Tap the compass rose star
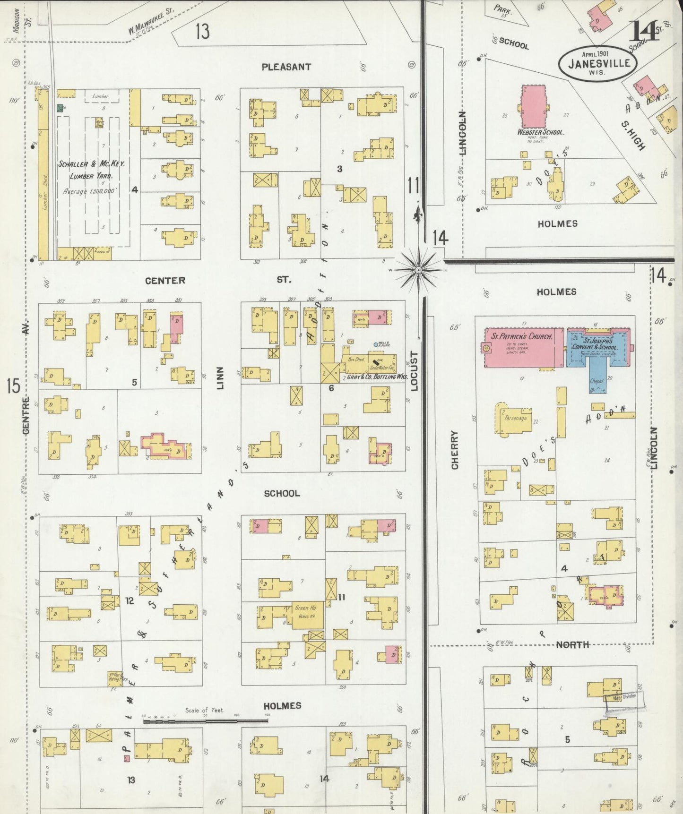coord(418,270)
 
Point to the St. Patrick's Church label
coord(522,336)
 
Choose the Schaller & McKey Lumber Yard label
coord(91,170)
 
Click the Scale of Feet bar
coord(206,721)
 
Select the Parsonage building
coord(515,418)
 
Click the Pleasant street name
coord(286,67)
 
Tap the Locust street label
coord(415,371)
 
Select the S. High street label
coord(634,136)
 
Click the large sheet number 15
coord(13,386)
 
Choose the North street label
coord(572,645)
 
